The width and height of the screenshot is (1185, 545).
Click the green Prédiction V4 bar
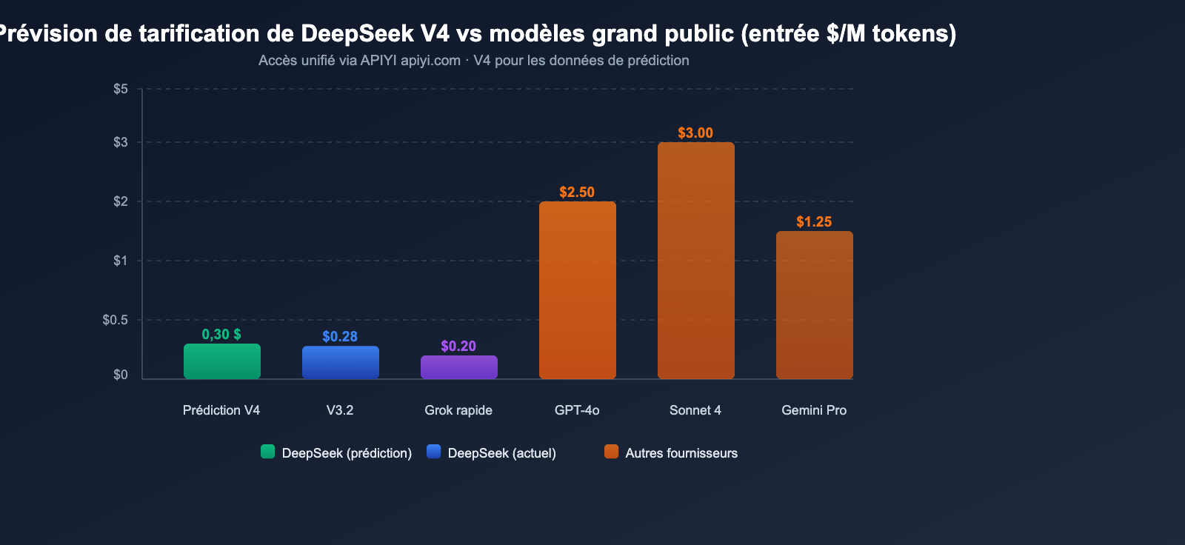(221, 361)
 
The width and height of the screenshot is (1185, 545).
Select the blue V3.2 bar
(340, 362)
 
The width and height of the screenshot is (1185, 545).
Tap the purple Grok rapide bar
(458, 367)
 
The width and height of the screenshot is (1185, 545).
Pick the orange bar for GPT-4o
(577, 290)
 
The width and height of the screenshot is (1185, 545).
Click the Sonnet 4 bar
(695, 261)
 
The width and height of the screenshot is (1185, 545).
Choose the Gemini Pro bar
(814, 305)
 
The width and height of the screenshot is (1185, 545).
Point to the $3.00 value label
(695, 133)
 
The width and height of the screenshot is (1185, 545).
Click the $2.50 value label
(577, 193)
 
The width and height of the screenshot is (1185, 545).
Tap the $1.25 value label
(814, 222)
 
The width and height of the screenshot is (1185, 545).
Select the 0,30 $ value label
(221, 335)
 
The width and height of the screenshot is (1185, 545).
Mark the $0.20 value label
(458, 347)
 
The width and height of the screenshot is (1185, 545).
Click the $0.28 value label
(340, 337)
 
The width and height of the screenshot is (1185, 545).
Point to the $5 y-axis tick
(121, 89)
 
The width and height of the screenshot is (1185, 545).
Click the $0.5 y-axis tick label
(116, 320)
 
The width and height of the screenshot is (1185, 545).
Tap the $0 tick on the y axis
(121, 375)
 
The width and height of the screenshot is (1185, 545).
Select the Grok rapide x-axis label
(458, 410)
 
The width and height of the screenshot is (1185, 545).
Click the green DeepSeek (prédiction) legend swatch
(267, 452)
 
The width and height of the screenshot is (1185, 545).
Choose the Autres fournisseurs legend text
(681, 453)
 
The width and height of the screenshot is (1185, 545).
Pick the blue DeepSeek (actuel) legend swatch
(433, 452)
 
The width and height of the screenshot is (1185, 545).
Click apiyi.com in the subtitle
(430, 61)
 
